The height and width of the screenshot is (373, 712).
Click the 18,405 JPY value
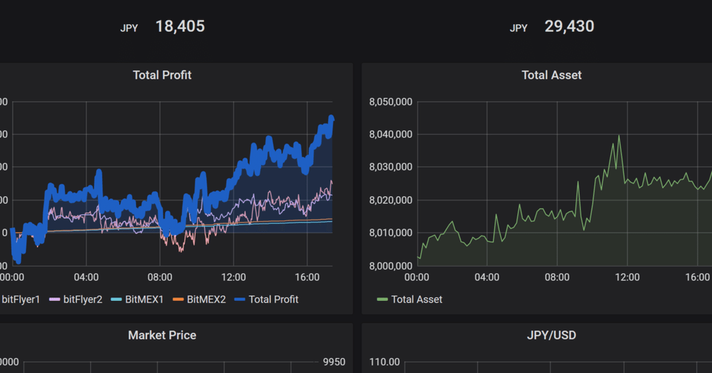[180, 26]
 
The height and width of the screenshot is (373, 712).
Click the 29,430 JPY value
[569, 26]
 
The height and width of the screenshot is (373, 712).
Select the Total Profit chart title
[162, 75]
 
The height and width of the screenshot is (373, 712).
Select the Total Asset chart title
[551, 75]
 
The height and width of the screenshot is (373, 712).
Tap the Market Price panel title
[162, 335]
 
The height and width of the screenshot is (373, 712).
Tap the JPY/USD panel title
[551, 335]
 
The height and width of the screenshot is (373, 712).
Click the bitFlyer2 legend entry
[82, 300]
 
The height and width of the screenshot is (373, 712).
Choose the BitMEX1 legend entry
[144, 300]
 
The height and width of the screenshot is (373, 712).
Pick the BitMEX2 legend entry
[206, 300]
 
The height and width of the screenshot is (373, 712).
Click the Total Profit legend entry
[273, 300]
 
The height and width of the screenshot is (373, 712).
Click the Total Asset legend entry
[417, 300]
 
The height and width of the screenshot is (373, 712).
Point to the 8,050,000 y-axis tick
[390, 102]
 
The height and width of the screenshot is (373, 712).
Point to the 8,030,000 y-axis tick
[390, 167]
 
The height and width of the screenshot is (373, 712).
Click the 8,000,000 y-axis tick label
[390, 266]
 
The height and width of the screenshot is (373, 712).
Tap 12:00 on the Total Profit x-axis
[234, 277]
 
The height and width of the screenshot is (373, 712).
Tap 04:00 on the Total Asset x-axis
[487, 277]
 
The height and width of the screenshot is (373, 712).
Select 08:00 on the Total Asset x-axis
[557, 277]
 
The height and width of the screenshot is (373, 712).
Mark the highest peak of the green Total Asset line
[619, 136]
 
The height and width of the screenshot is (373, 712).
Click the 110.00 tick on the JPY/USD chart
[384, 362]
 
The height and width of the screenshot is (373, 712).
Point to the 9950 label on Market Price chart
[334, 362]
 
